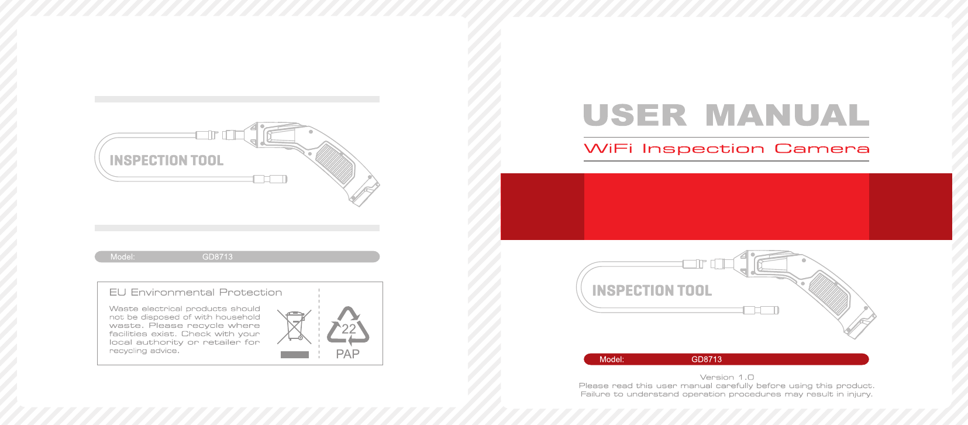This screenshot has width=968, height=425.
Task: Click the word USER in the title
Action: [x=635, y=115]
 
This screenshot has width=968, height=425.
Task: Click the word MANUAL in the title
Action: [x=787, y=115]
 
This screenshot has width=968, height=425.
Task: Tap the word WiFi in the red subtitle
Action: [x=608, y=149]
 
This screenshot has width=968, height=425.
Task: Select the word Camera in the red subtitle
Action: [x=822, y=149]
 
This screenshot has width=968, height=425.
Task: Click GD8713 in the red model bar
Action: [x=707, y=359]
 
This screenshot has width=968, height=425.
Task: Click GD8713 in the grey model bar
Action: [x=218, y=257]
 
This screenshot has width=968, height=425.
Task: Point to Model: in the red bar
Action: [x=611, y=359]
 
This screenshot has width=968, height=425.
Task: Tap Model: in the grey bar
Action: [x=122, y=257]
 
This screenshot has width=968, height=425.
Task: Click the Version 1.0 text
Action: [x=727, y=377]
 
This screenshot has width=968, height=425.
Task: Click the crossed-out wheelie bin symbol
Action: [x=294, y=327]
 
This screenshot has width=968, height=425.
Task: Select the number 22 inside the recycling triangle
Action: [x=349, y=329]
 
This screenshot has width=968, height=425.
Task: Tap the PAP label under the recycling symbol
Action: [x=348, y=354]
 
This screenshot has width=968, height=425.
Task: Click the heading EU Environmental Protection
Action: [x=195, y=292]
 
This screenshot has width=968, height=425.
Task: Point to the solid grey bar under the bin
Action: [x=295, y=355]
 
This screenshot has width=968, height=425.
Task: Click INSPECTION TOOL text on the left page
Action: [x=166, y=160]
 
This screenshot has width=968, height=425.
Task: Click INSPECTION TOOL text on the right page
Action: [x=652, y=290]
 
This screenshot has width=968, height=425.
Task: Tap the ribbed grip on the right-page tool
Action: [x=829, y=294]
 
